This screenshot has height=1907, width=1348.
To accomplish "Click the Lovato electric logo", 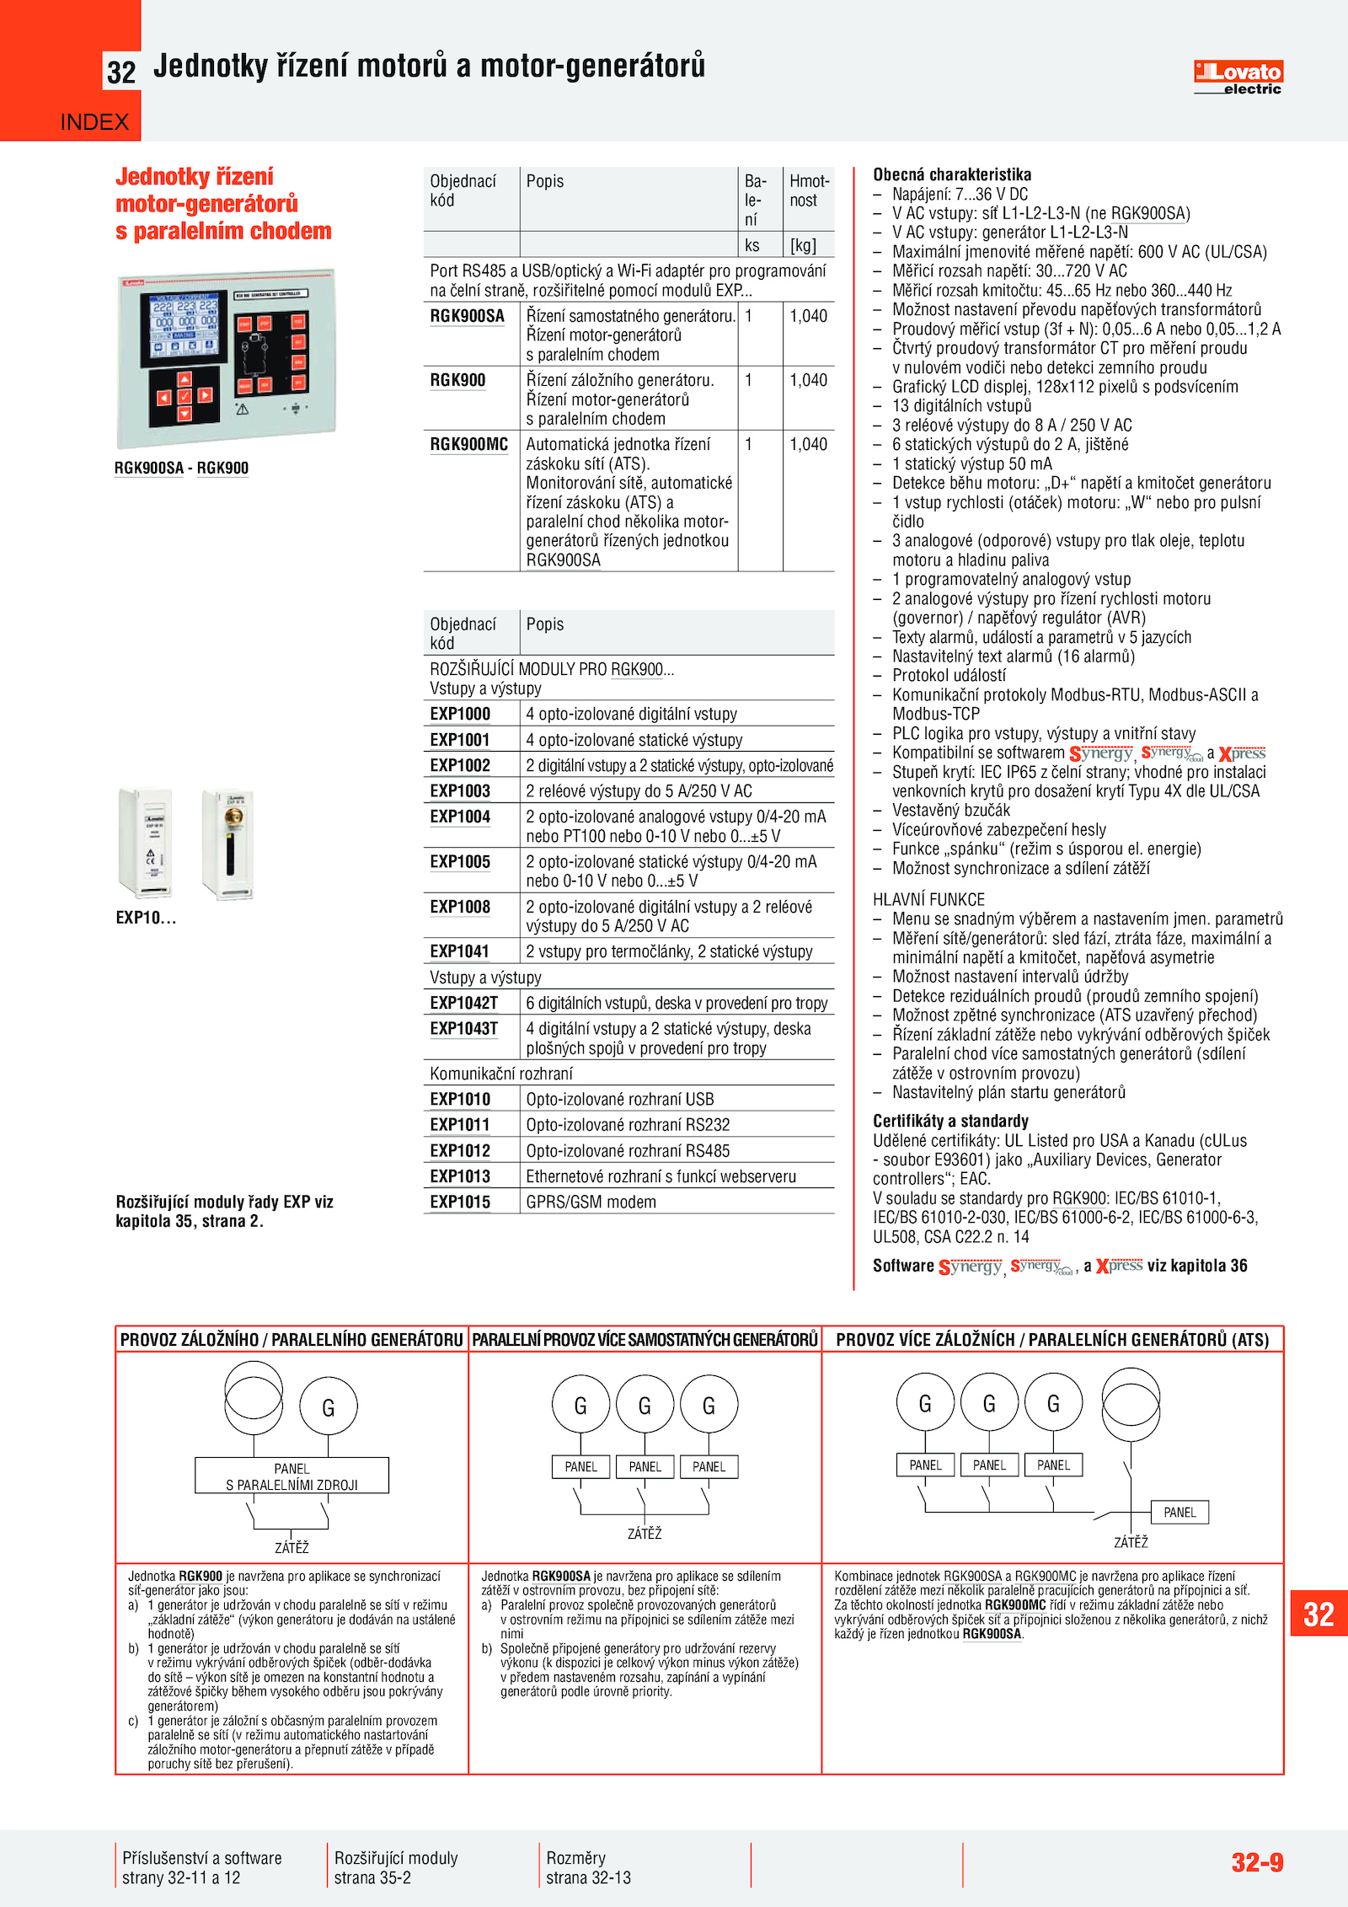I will pyautogui.click(x=1238, y=77).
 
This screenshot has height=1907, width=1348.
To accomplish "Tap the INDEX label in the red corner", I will pyautogui.click(x=94, y=122).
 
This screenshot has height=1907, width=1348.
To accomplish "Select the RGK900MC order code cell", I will pyautogui.click(x=469, y=444).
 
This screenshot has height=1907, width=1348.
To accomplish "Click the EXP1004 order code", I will pyautogui.click(x=460, y=817).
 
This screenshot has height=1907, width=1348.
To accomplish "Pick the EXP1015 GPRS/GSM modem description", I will pyautogui.click(x=591, y=1202).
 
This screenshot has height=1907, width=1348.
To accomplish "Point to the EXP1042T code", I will pyautogui.click(x=463, y=1003).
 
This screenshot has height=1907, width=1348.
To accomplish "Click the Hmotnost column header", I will pyautogui.click(x=809, y=191).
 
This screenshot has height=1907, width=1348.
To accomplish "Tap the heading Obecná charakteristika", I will pyautogui.click(x=951, y=174).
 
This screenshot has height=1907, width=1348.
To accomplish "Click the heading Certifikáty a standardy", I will pyautogui.click(x=950, y=1121).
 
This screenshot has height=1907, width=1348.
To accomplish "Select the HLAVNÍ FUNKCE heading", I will pyautogui.click(x=928, y=899).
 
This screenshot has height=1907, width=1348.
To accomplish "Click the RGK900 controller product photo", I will pyautogui.click(x=226, y=358).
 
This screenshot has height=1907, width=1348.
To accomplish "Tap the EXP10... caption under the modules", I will pyautogui.click(x=146, y=918).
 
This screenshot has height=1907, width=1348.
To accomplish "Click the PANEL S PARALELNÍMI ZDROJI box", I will pyautogui.click(x=292, y=1476).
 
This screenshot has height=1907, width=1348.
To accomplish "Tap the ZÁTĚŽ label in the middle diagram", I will pyautogui.click(x=645, y=1534).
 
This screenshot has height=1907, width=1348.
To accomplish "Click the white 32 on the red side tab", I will pyautogui.click(x=1319, y=1615).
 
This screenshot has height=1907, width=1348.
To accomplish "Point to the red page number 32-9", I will pyautogui.click(x=1257, y=1861).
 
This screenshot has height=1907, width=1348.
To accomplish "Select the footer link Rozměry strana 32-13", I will pyautogui.click(x=588, y=1867).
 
